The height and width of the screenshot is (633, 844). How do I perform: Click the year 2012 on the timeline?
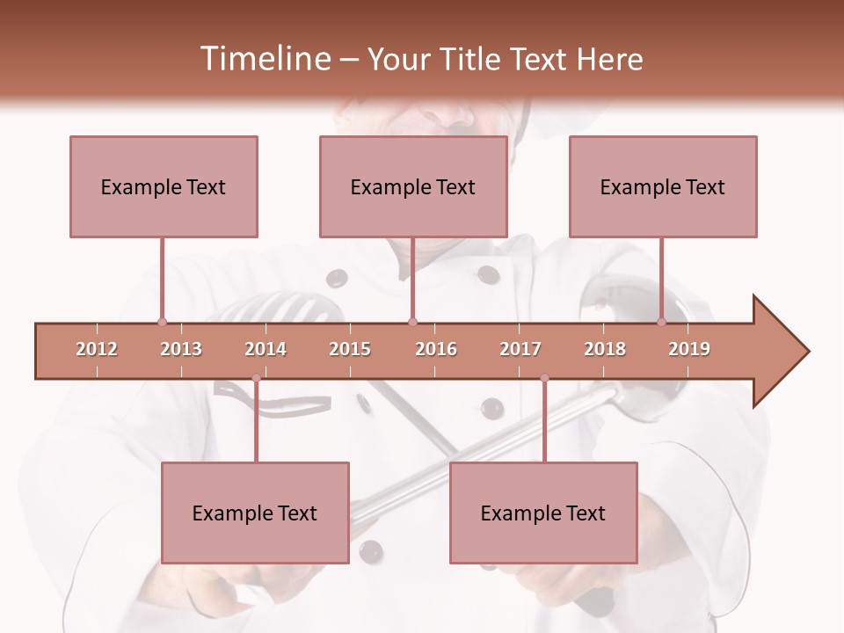pyautogui.click(x=97, y=349)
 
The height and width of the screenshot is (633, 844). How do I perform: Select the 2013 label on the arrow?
pyautogui.click(x=181, y=349)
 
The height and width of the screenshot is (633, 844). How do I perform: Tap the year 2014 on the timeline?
pyautogui.click(x=266, y=349)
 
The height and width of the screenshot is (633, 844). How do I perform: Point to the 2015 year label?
pyautogui.click(x=350, y=349)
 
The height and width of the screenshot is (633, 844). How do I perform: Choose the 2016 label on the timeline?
pyautogui.click(x=436, y=349)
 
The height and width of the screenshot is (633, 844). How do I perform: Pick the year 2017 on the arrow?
pyautogui.click(x=520, y=349)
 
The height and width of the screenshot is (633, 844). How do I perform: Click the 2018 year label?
pyautogui.click(x=605, y=349)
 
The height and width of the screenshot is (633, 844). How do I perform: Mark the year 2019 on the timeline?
pyautogui.click(x=689, y=349)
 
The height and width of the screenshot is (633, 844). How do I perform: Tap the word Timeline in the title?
pyautogui.click(x=264, y=59)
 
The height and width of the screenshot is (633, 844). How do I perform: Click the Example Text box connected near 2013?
pyautogui.click(x=164, y=186)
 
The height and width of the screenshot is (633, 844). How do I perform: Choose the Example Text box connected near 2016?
pyautogui.click(x=413, y=186)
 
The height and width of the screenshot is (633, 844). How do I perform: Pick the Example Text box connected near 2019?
pyautogui.click(x=663, y=186)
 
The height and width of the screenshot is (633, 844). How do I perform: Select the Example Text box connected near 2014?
pyautogui.click(x=255, y=513)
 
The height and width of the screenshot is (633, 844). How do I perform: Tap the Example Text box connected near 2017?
pyautogui.click(x=543, y=513)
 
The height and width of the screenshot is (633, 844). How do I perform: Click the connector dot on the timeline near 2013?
pyautogui.click(x=162, y=322)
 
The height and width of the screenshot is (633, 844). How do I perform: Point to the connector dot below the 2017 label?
pyautogui.click(x=544, y=378)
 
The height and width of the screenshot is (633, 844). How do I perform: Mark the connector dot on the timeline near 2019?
pyautogui.click(x=662, y=322)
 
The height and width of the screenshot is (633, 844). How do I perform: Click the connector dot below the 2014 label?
pyautogui.click(x=256, y=378)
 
